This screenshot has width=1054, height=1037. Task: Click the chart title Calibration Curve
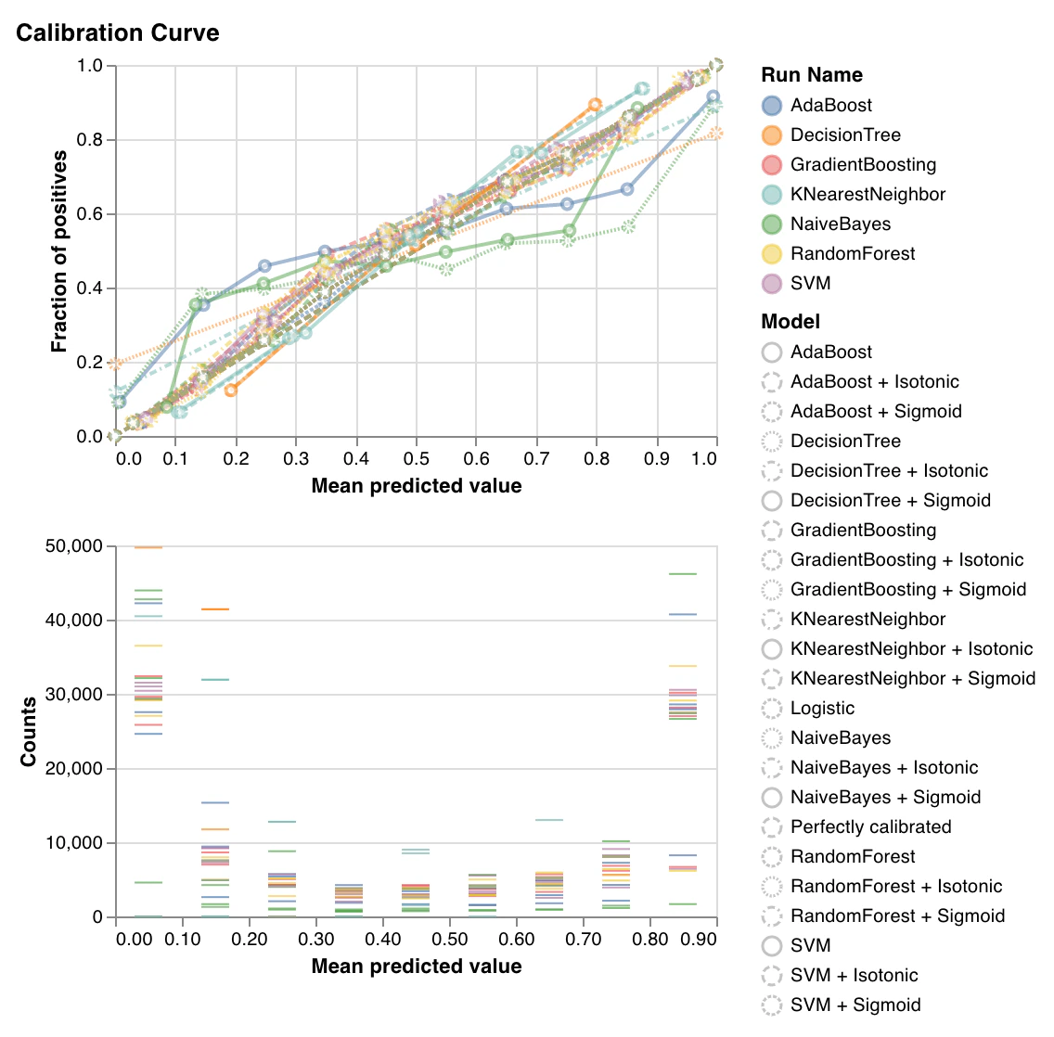[118, 33]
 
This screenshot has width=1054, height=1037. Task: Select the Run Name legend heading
[811, 75]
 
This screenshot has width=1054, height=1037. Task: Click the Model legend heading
[790, 322]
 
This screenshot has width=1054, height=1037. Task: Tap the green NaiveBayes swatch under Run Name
[772, 224]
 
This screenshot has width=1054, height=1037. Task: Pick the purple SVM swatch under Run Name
[772, 284]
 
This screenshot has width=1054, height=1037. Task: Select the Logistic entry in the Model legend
[822, 709]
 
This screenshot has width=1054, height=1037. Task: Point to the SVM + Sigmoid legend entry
[855, 1005]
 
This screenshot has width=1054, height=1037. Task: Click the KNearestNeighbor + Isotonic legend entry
[910, 649]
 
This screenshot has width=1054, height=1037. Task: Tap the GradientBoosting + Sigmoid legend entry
[907, 590]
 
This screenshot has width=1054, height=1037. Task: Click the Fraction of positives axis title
[59, 251]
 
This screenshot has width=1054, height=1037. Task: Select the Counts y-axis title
[29, 732]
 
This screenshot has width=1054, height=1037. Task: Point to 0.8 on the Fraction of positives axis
[90, 140]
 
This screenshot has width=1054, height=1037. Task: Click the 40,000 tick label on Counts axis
[73, 621]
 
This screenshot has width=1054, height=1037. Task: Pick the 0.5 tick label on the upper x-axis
[416, 458]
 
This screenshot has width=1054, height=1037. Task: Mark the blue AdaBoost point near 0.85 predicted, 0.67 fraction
[627, 189]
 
